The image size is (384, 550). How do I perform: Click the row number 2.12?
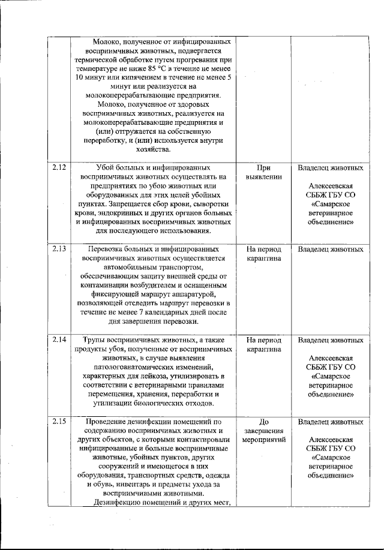pos(59,168)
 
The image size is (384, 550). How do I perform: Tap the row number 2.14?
pos(59,339)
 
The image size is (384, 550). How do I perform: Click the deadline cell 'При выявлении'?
pos(264,173)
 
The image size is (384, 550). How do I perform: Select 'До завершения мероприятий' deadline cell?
pos(264,431)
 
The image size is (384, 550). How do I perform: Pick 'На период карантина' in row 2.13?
pos(264,254)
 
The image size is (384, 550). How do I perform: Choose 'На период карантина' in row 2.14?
pos(264,344)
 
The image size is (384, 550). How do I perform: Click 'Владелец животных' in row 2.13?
pos(331,249)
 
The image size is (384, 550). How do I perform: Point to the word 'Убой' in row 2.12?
pos(106,168)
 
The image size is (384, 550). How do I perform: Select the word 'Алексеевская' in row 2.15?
pos(331,439)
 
